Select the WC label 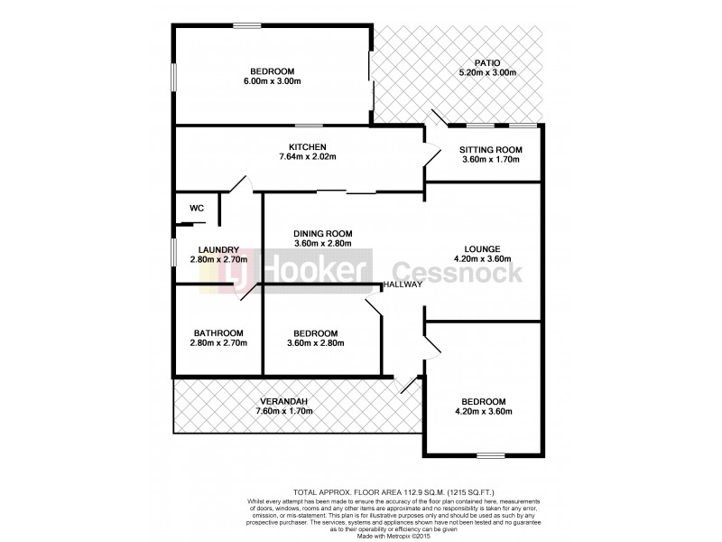(x=197, y=208)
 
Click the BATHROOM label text (x=218, y=332)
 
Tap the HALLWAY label (x=403, y=285)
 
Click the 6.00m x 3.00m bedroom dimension (x=272, y=82)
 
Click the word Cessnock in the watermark (x=456, y=272)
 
